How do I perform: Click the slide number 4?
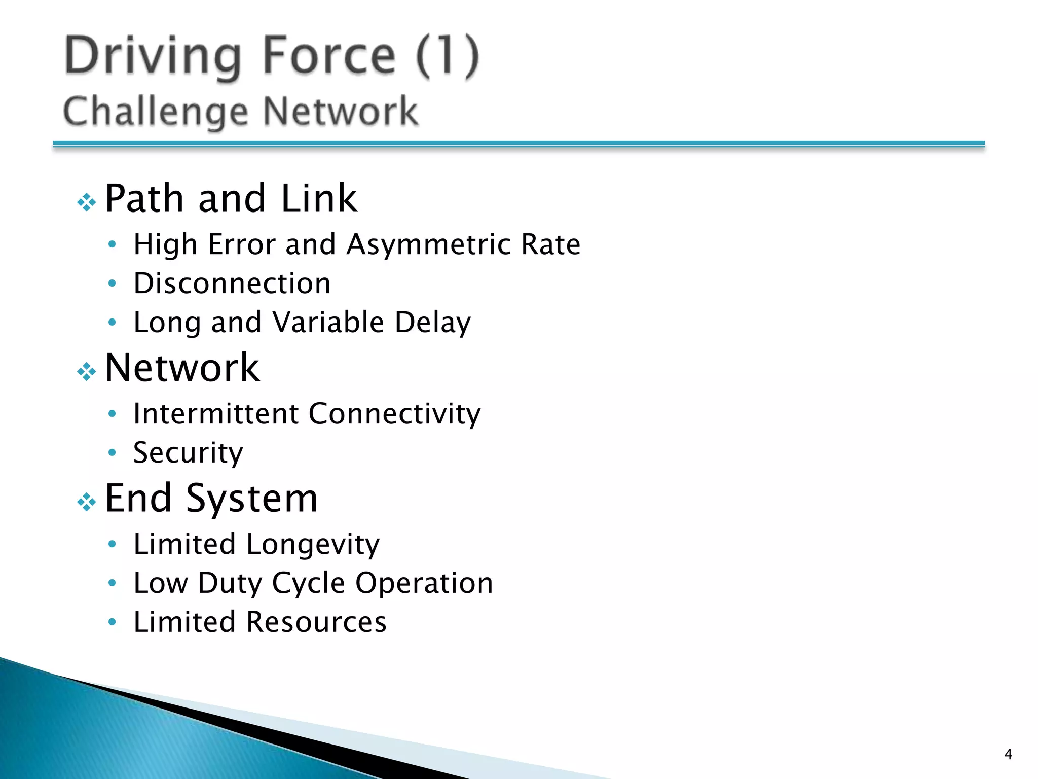1008,755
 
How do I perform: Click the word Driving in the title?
153,56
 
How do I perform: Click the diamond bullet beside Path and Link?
87,202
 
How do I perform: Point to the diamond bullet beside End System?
87,502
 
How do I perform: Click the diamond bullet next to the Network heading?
87,372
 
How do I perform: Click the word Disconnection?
232,283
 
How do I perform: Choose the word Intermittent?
216,413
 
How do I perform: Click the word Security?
188,452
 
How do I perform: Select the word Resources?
316,622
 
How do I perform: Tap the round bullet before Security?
113,452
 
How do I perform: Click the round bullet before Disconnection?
113,283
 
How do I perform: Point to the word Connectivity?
394,413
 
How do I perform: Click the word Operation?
424,583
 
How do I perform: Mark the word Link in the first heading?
319,198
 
